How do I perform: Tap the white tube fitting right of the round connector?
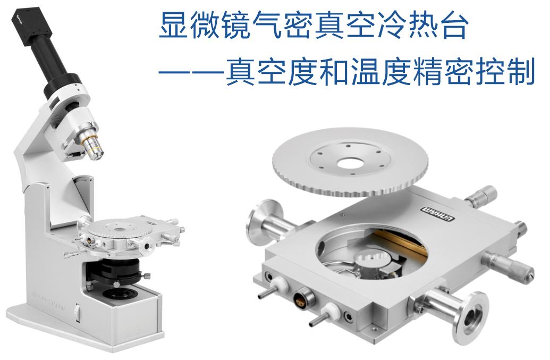pyautogui.click(x=327, y=309)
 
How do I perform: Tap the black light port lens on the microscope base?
pyautogui.click(x=118, y=295)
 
